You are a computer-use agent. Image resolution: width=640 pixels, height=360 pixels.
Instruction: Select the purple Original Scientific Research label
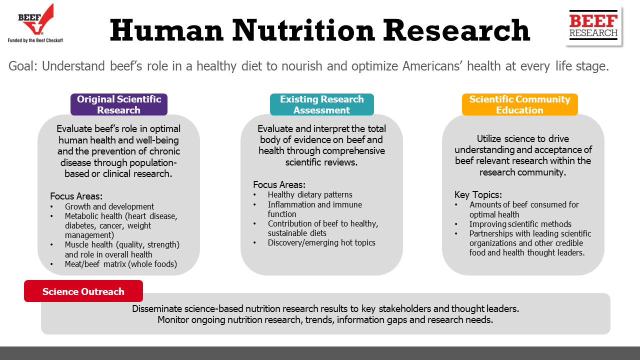[119, 104]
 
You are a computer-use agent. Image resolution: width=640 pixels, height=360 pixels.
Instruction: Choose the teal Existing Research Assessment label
[321, 104]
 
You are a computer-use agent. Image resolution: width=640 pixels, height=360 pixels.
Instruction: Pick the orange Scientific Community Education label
[519, 104]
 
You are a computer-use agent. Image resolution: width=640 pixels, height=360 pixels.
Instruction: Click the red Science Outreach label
[83, 291]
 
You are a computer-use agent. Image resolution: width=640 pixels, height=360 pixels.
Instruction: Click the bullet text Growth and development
[109, 206]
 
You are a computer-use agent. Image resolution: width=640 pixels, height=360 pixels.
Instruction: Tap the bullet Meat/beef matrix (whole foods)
[121, 264]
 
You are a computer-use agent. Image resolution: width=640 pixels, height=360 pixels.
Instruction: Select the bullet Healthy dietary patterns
[310, 194]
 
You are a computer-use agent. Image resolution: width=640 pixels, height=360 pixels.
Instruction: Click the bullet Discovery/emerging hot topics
[321, 242]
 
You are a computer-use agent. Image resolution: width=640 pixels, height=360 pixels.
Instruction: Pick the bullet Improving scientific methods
[520, 224]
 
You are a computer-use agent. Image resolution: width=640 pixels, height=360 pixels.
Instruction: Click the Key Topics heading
[478, 195]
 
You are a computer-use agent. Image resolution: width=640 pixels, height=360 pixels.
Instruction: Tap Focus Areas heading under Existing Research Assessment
[279, 184]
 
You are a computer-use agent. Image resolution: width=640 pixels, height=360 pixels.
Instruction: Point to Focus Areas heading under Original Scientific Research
[76, 196]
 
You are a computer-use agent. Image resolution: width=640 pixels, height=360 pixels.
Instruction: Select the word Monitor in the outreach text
[173, 319]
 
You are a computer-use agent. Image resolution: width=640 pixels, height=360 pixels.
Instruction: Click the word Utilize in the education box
[489, 138]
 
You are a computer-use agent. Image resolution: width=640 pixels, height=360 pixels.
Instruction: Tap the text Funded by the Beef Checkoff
[35, 40]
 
